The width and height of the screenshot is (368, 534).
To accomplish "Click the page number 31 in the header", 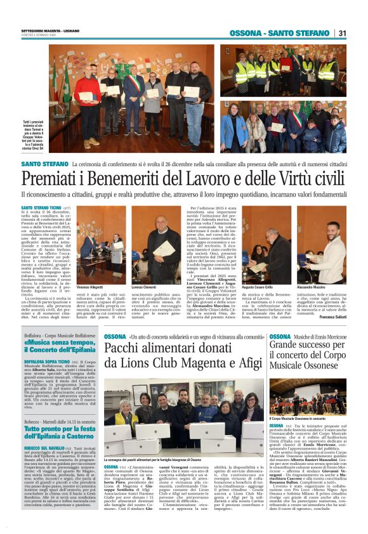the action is coord(342,33).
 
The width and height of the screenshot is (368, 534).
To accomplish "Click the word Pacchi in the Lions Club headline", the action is coord(126,348).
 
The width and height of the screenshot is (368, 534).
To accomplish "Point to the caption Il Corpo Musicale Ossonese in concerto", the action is coord(299,419).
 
